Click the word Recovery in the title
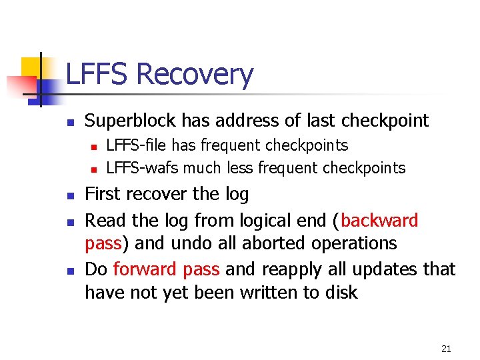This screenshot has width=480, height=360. [x=195, y=75]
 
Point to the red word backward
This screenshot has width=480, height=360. [x=379, y=221]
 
